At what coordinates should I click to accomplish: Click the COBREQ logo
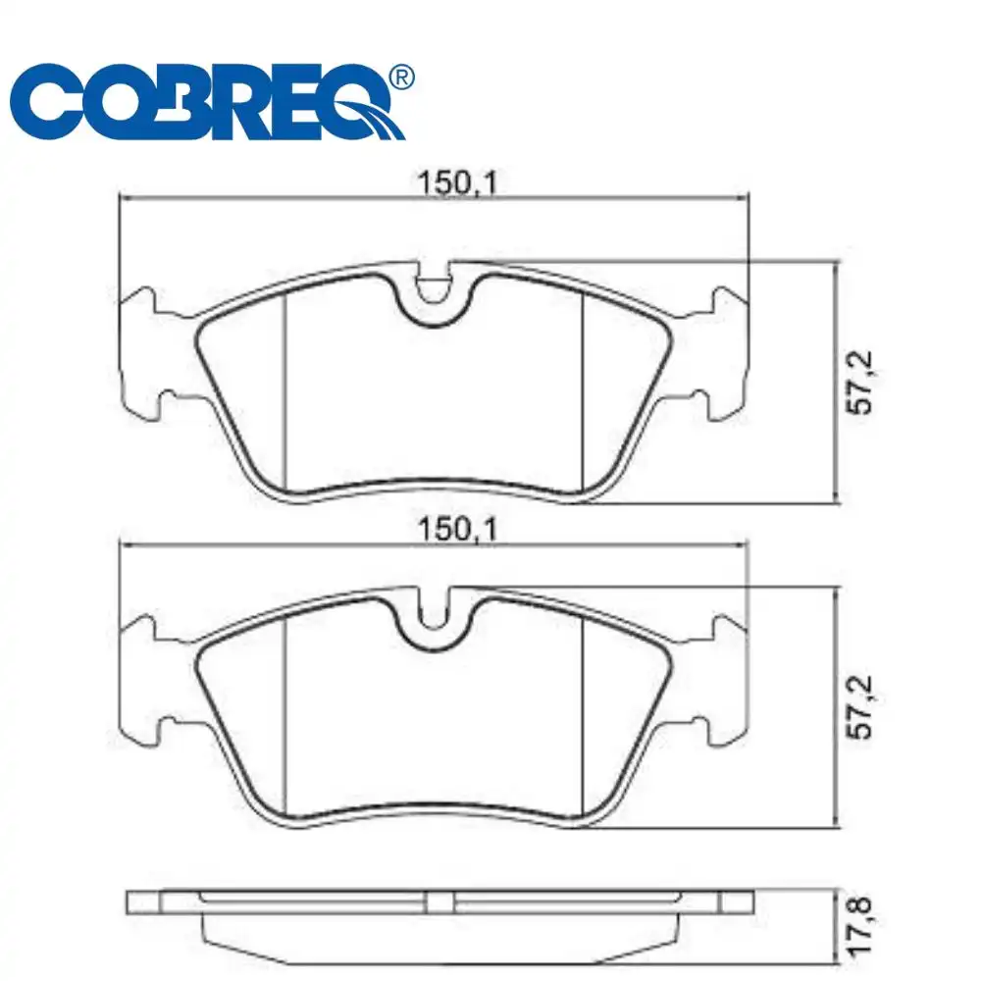tap(211, 103)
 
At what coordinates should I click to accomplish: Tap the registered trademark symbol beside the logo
tap(401, 77)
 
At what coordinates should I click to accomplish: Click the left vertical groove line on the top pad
tap(284, 392)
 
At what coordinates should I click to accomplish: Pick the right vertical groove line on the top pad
tap(584, 392)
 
